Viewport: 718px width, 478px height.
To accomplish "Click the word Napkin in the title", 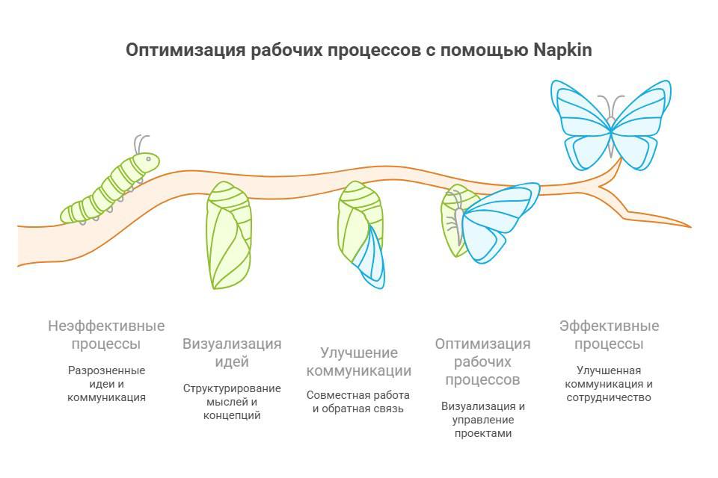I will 562,50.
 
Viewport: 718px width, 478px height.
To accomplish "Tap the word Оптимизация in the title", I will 185,50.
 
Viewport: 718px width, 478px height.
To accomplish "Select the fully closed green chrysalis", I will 228,235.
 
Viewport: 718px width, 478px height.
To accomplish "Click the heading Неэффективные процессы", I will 106,335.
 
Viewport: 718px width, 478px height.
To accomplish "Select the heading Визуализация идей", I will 232,353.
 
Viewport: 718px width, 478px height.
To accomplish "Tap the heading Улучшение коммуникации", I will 359,361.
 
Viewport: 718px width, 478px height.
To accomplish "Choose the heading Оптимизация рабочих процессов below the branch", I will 482,361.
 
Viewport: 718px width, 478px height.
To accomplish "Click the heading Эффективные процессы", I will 609,335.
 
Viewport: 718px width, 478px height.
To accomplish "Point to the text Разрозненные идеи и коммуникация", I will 106,384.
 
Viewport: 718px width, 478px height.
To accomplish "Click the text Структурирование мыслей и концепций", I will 232,402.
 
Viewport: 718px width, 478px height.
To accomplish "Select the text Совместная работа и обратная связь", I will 359,401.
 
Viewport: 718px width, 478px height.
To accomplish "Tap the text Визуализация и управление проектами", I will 482,420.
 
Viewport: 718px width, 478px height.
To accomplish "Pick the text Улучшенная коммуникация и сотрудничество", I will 609,384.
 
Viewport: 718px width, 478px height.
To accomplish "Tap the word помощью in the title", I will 486,50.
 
